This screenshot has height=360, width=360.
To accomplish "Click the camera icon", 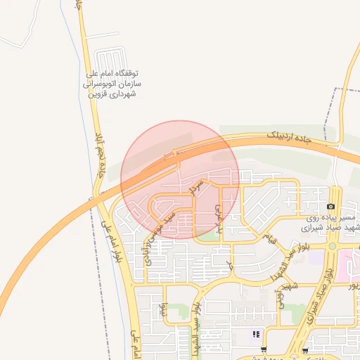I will [330, 206].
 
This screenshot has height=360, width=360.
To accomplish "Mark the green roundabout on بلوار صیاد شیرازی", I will [332, 246].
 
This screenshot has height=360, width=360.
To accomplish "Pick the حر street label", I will [229, 265].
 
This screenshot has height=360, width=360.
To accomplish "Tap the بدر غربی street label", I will [219, 219].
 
